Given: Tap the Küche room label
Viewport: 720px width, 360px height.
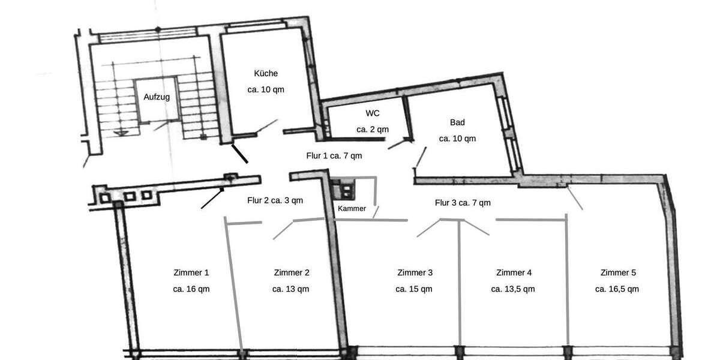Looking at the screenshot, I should coord(266,74).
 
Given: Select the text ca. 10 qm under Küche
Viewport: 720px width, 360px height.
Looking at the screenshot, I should coord(266,90).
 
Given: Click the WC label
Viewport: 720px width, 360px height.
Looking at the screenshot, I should coord(373,113).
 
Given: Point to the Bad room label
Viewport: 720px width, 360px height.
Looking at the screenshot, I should coord(457,122).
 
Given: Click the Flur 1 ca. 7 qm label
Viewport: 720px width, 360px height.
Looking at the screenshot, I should coord(334,155).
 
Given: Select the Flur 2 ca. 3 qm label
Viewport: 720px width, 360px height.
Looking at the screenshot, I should coord(275,200).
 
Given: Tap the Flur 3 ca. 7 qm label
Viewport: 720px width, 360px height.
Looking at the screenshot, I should coord(463,203).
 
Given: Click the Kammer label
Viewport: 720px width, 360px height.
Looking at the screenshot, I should coord(352,209).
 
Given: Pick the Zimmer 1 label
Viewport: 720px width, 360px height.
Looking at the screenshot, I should coord(191,272).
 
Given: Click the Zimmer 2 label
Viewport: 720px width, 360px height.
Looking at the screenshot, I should coord(292,272).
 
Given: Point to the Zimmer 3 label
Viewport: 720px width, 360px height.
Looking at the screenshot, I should coord(415,272).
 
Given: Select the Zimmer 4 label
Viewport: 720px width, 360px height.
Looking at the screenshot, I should coord(514,272).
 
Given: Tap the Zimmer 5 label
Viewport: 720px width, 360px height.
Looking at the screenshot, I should coord(617,272).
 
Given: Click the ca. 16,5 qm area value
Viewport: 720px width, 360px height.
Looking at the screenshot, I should coord(617,289).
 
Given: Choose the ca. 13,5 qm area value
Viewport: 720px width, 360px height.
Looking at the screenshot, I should coord(513,289).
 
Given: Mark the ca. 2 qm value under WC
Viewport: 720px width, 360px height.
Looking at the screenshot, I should coord(373,129).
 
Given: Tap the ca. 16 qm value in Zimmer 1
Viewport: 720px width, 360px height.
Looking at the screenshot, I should coord(191,289).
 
